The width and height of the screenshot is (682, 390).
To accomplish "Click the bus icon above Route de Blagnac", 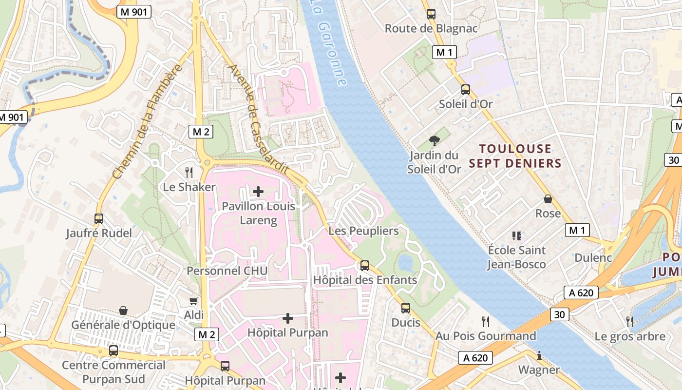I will [431, 14].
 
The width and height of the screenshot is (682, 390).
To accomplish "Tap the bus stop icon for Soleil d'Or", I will [466, 89].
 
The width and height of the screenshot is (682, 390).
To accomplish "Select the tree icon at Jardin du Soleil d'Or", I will [434, 141].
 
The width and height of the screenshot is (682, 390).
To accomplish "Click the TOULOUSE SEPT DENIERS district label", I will [515, 156].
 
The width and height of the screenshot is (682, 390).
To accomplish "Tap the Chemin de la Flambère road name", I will [146, 122].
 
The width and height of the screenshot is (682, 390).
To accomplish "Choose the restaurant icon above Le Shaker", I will [189, 172].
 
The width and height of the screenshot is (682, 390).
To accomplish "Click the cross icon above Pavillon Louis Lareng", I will [258, 191].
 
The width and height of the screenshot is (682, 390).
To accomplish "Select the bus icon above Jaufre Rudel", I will [99, 218].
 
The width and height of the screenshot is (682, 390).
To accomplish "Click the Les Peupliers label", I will [363, 231].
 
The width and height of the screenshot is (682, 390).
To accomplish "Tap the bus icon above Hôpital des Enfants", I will [364, 266].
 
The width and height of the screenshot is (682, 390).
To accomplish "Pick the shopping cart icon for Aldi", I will [194, 301].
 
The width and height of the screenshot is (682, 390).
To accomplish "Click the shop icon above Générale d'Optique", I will [123, 311].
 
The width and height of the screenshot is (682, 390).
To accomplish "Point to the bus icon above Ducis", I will [405, 308].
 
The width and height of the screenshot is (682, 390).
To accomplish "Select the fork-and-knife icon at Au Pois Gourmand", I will [485, 321].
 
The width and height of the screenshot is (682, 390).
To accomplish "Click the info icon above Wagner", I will [539, 355].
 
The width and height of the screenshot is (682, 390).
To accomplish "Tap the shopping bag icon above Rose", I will [548, 199].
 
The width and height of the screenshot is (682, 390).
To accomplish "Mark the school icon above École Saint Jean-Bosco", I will [517, 236].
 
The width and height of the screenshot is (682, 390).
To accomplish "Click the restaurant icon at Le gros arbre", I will [630, 321].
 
